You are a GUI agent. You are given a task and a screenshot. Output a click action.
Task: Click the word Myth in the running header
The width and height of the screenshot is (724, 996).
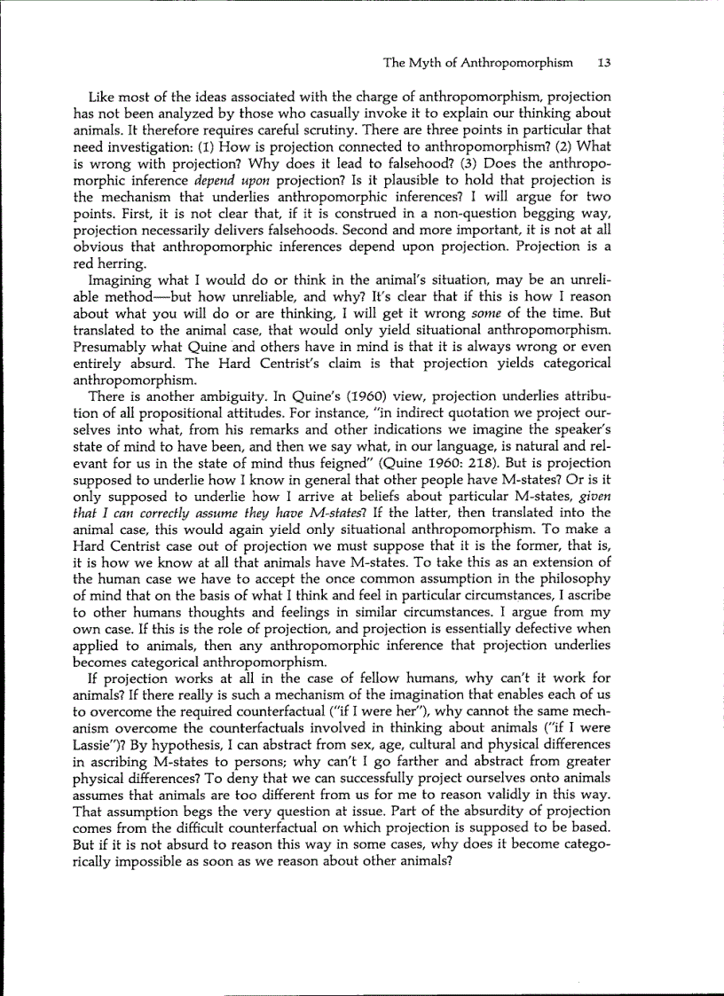pyautogui.click(x=424, y=63)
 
